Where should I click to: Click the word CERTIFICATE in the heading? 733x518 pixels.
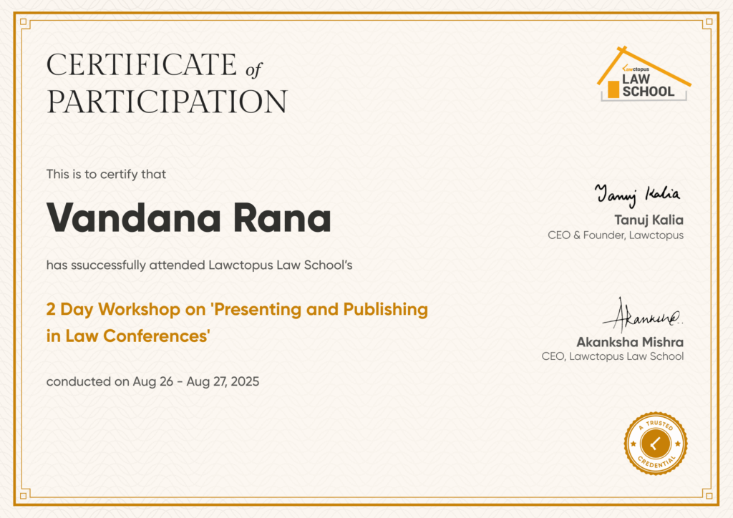[x=142, y=64]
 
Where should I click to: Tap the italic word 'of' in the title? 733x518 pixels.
[x=254, y=70]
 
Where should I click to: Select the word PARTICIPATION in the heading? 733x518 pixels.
[x=167, y=102]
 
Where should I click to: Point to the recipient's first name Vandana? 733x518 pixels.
[x=134, y=218]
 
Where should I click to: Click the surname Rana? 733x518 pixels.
[x=282, y=218]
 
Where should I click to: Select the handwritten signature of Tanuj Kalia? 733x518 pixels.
[x=637, y=195]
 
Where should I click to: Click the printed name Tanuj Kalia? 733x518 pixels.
[x=649, y=220]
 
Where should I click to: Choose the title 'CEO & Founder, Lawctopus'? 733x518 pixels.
[x=616, y=235]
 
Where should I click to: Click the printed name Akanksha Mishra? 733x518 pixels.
[x=630, y=343]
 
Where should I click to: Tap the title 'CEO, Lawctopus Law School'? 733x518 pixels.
[x=613, y=356]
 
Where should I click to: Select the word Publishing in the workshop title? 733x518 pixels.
[x=386, y=310]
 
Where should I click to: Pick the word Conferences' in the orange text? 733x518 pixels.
[x=157, y=336]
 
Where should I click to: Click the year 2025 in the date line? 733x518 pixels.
[x=245, y=381]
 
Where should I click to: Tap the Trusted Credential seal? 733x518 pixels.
[x=656, y=444]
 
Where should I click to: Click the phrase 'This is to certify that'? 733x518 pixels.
[x=106, y=175]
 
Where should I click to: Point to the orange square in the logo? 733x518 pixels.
[x=613, y=89]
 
